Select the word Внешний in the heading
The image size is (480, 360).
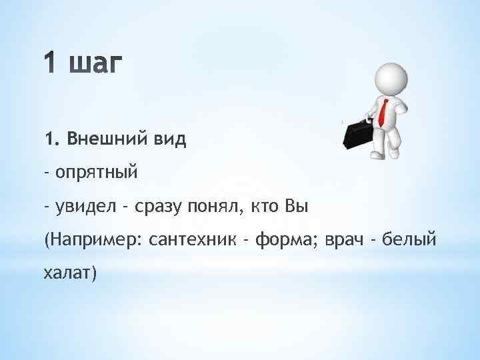[103, 140]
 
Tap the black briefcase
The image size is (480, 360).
[357, 133]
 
